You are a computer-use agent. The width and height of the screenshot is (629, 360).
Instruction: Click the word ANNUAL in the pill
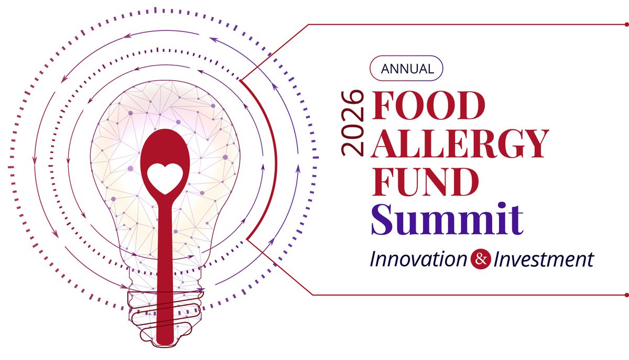point(407,68)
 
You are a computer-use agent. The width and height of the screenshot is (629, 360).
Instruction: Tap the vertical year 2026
point(352,123)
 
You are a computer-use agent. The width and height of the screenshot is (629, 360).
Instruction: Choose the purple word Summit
point(447,219)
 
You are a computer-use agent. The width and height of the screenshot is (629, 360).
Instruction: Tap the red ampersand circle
point(480,258)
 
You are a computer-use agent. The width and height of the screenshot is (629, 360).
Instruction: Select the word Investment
point(543,258)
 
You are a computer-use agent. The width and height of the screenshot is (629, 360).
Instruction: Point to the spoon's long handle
point(164,262)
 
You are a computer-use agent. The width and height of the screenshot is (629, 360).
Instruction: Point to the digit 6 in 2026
point(352,97)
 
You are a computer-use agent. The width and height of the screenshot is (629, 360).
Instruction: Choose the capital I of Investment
point(496,258)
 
